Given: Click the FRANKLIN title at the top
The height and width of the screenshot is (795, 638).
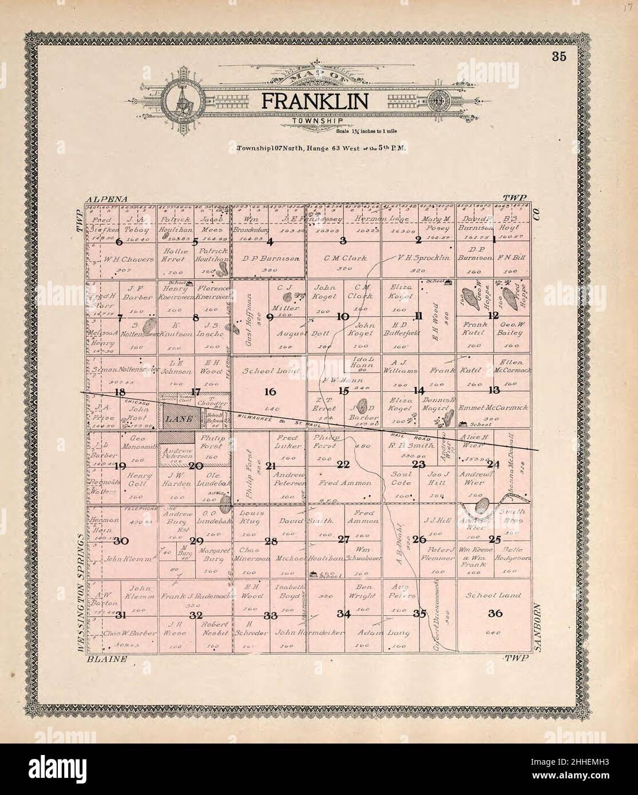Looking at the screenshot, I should [315, 101].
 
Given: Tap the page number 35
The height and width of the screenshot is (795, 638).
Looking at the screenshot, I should [559, 56].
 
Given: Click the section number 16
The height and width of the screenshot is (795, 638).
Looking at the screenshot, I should [270, 392].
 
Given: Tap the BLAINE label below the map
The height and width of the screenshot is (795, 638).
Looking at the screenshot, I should [106, 658].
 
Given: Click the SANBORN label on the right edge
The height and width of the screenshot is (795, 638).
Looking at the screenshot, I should [538, 626].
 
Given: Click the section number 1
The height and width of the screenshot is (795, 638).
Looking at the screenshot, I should [493, 241].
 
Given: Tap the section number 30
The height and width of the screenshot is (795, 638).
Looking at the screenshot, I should [120, 541].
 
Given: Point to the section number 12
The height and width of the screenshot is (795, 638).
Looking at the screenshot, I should [493, 316].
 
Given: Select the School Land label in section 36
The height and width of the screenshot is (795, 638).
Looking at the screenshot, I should [493, 595].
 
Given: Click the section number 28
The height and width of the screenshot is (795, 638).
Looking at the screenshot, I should [270, 541].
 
